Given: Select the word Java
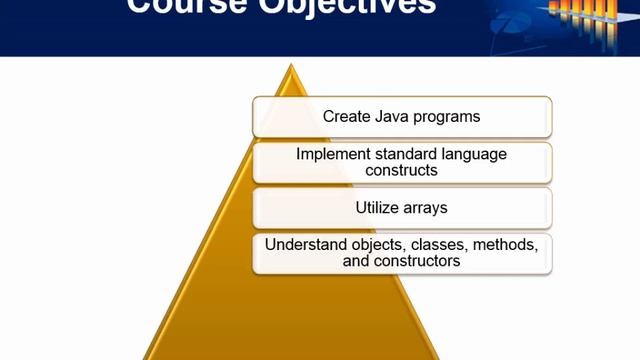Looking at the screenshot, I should click(390, 117).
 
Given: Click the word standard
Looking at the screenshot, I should click(407, 155).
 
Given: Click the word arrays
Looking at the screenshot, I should click(428, 209).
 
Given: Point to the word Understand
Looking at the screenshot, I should click(304, 245).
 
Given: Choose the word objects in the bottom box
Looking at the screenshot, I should click(375, 245).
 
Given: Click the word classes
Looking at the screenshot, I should click(434, 245).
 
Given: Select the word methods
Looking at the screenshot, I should click(503, 245).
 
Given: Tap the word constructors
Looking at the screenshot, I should click(417, 261).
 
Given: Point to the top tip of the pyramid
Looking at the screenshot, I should click(291, 67).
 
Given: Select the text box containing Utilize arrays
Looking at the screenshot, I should click(402, 208).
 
